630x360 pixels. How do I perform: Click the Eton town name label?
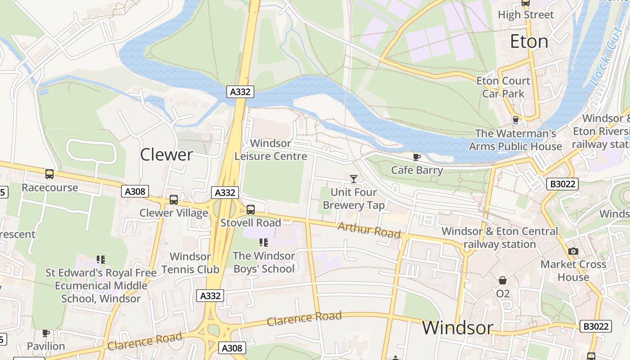[x=529, y=42]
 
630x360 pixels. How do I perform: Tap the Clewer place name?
[x=166, y=155]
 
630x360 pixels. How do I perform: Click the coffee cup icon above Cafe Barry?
[x=417, y=157]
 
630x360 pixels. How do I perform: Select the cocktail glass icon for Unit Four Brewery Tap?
[x=354, y=179]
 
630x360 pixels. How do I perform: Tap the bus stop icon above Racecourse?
[x=49, y=174]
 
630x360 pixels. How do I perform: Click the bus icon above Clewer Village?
[x=173, y=199]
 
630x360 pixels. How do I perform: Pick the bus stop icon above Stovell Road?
[x=251, y=209]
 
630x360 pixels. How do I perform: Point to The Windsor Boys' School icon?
[x=264, y=243]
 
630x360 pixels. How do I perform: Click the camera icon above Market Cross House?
[x=573, y=251]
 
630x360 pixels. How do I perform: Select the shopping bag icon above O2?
[x=503, y=280]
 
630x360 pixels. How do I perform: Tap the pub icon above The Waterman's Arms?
[x=516, y=120]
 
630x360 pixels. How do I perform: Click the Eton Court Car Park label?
[x=503, y=87]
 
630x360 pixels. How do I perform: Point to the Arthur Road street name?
[x=369, y=230]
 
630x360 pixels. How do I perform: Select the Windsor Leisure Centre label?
[x=271, y=150]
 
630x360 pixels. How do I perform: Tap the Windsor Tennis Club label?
[x=190, y=263]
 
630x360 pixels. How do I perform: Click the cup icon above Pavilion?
[x=45, y=333]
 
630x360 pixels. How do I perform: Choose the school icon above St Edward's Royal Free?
[x=101, y=260]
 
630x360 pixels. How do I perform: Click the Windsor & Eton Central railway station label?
[x=499, y=238]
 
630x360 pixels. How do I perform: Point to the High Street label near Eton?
[x=526, y=15]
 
